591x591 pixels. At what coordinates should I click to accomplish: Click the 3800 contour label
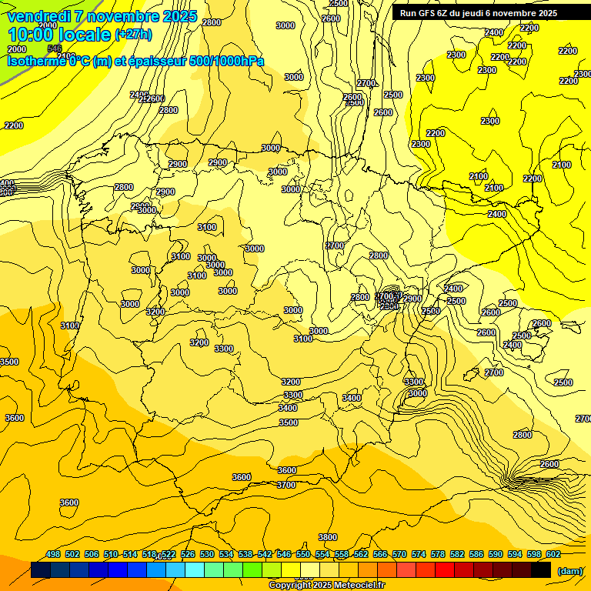[x=328, y=537]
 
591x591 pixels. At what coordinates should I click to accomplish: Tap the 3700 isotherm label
[x=286, y=485]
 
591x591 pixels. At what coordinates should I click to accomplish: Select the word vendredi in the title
[x=39, y=16]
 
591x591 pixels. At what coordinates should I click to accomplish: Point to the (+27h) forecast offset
[x=133, y=35]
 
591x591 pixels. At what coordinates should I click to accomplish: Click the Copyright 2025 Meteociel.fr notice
[x=326, y=586]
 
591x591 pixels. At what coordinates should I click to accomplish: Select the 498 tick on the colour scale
[x=53, y=554]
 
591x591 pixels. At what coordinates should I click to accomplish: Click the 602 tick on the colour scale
[x=553, y=554]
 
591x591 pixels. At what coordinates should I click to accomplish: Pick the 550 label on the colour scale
[x=303, y=554]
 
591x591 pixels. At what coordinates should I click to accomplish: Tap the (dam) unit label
[x=569, y=570]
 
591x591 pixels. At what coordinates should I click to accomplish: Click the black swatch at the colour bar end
[x=541, y=570]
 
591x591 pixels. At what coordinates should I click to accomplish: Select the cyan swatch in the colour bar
[x=195, y=570]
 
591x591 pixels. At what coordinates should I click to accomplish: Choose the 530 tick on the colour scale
[x=207, y=554]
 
